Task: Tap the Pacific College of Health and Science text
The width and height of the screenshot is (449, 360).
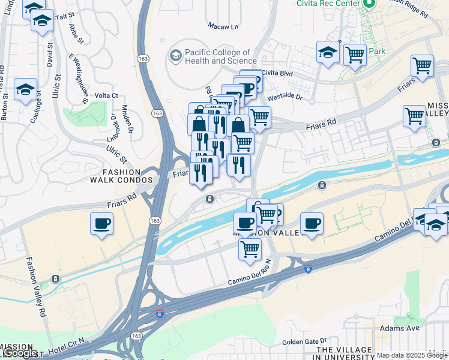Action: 221,56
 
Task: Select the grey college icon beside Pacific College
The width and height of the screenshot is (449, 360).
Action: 175,56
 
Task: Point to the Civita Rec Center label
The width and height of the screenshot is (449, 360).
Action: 327,3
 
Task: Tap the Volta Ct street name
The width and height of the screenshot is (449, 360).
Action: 106,95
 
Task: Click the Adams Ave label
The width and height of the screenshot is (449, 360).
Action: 399,328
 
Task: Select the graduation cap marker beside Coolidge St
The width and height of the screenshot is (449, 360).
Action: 25,89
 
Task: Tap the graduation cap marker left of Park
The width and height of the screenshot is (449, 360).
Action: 328,52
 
